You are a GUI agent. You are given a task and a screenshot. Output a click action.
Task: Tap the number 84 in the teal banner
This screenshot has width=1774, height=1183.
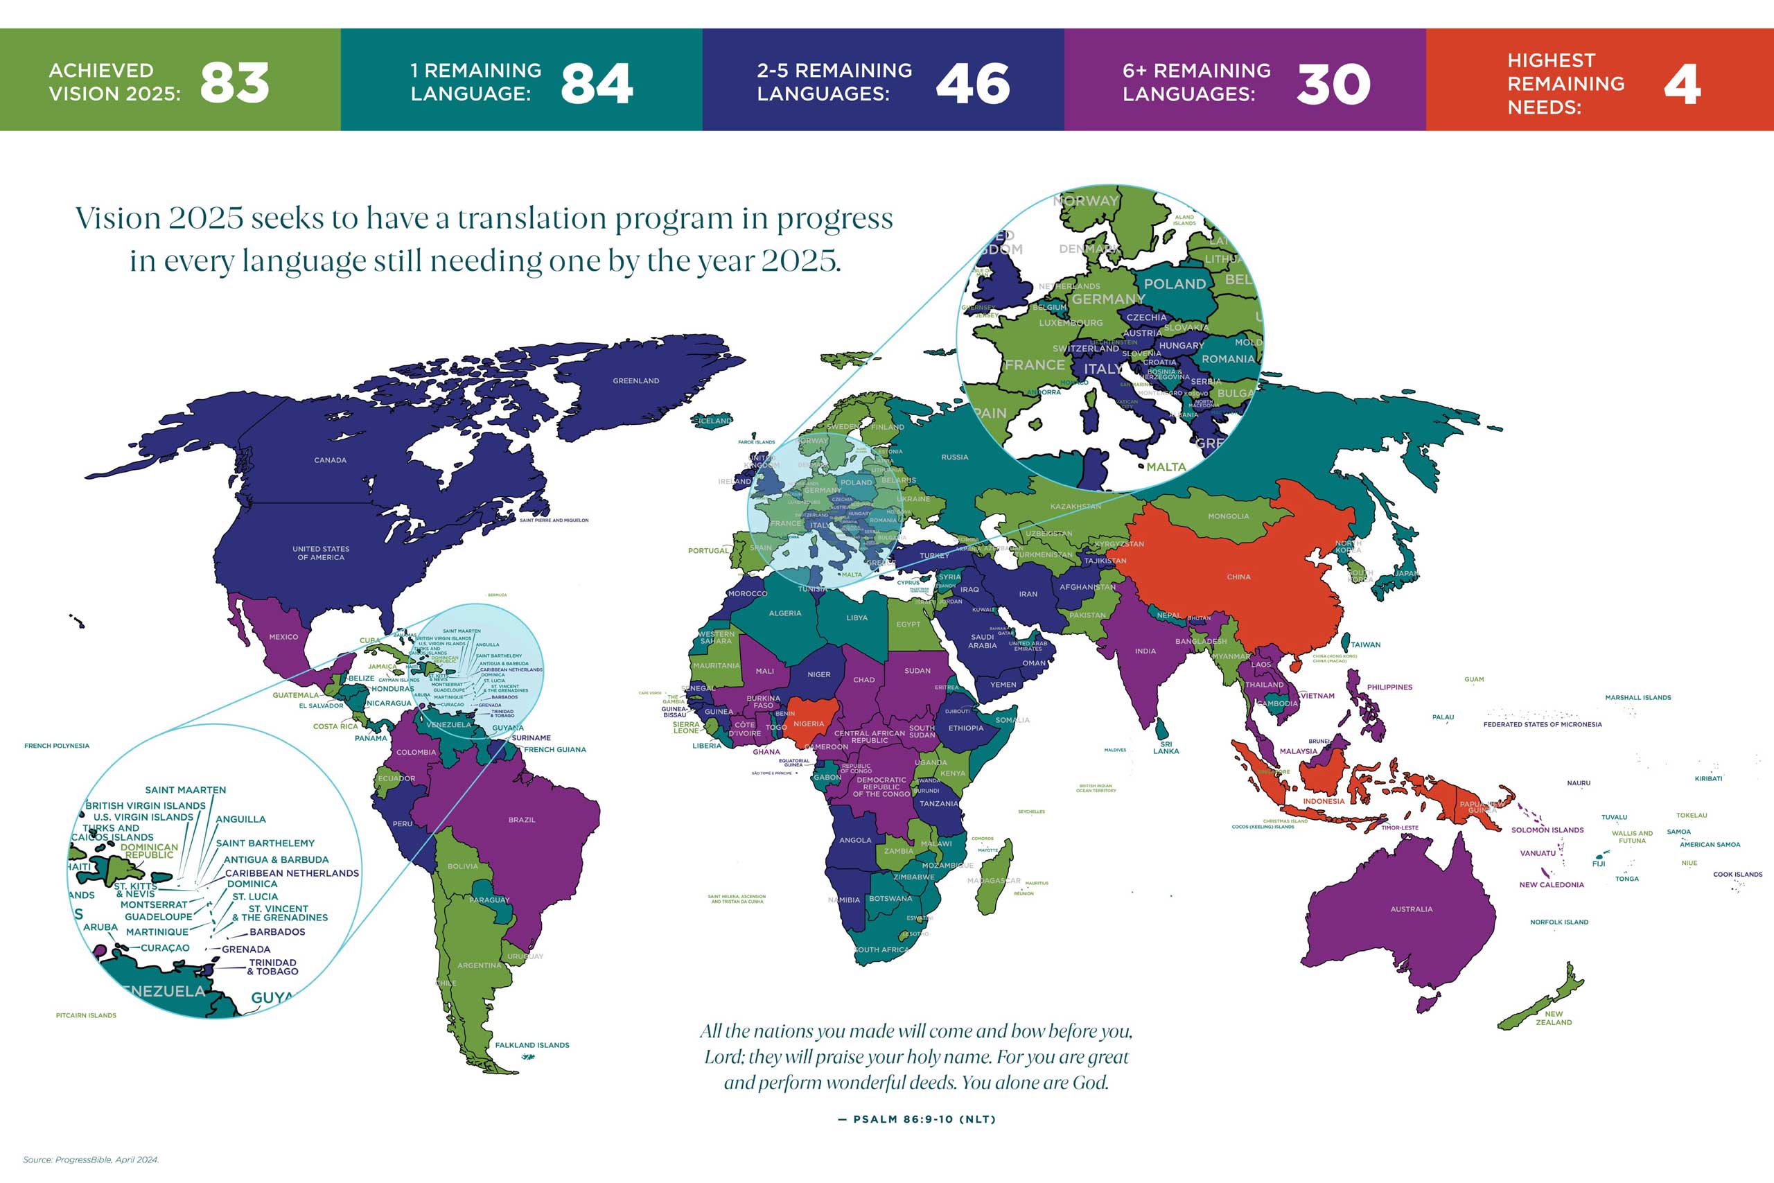pos(596,83)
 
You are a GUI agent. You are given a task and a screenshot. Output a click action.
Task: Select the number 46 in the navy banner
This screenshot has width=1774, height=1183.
pos(972,83)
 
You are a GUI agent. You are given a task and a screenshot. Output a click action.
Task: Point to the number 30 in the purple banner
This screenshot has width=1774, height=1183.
pos(1333,84)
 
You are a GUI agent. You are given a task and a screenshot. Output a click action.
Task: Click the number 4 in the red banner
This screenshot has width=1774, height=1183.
pos(1681,84)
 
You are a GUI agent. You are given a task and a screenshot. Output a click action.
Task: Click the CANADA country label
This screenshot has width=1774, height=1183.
pos(331,460)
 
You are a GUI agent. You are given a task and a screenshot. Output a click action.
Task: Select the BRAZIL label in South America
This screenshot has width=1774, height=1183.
pos(521,819)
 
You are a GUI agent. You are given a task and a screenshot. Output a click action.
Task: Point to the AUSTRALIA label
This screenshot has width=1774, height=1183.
pos(1411,909)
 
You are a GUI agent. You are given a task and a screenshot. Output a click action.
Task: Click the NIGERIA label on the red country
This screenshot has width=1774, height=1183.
pos(808,724)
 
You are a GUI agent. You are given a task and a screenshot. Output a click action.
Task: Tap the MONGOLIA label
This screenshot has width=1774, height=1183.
pos(1228,517)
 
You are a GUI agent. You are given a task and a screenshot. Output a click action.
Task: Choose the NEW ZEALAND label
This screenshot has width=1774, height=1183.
pos(1553,1018)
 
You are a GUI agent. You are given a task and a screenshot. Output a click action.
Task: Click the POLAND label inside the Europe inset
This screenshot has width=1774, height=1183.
pos(1175,284)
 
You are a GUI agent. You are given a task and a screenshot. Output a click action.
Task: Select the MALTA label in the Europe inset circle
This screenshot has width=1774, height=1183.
pos(1166,467)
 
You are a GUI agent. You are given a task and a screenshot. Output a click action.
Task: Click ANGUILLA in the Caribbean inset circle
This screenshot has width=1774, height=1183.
pos(240,819)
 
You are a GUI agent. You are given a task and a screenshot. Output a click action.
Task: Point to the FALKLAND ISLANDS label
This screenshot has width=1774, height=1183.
pos(532,1045)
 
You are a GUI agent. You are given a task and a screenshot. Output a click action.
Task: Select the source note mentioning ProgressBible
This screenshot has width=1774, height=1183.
pos(91,1159)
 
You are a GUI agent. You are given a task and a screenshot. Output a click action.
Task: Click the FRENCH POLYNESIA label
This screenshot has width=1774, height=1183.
pos(57,746)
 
